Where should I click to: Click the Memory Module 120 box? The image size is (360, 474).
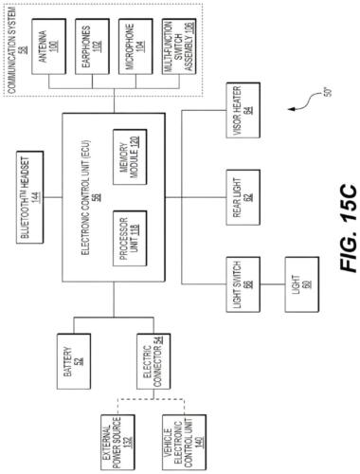[x=130, y=154]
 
